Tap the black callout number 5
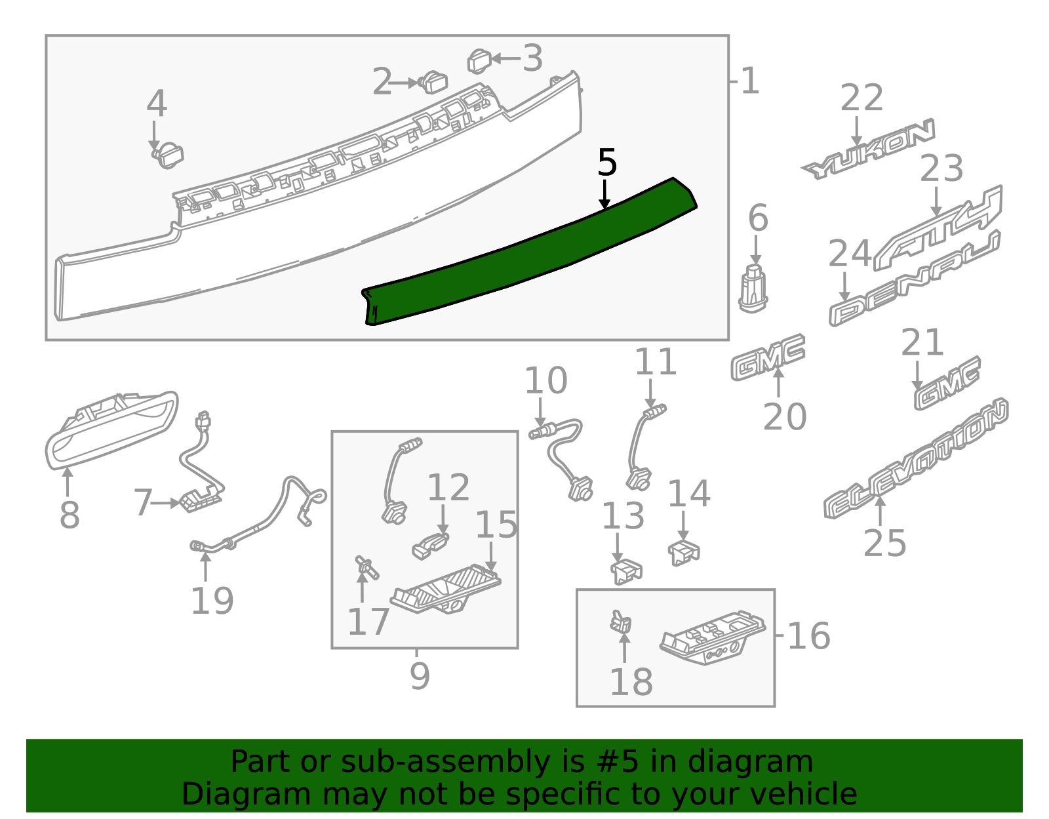[x=607, y=163]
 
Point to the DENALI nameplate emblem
[x=915, y=279]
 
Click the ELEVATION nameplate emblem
[x=916, y=458]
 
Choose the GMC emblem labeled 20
[x=768, y=357]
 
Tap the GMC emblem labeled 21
[x=947, y=383]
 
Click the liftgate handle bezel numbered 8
[x=111, y=429]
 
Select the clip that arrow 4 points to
[x=167, y=155]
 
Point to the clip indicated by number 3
[x=479, y=62]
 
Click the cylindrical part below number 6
[x=753, y=288]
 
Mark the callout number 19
[x=212, y=601]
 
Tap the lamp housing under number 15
[x=445, y=589]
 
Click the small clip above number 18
[x=620, y=622]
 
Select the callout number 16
[x=809, y=635]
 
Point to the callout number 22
[x=861, y=98]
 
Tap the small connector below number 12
[x=430, y=546]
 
